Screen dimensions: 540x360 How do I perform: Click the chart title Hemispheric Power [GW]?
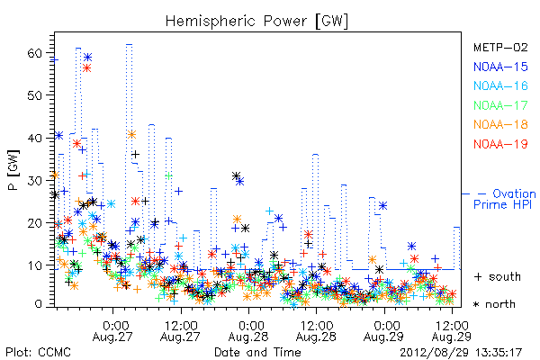[x=256, y=22]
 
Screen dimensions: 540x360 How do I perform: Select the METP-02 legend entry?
[x=500, y=47]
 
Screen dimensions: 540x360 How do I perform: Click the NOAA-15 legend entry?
[x=500, y=67]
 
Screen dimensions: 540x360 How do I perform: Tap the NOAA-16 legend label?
[x=500, y=85]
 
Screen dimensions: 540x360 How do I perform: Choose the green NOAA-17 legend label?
[x=500, y=105]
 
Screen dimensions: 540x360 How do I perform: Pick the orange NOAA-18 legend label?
[x=500, y=124]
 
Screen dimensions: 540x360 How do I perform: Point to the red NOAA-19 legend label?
[x=500, y=144]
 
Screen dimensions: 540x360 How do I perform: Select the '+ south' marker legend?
[x=498, y=276]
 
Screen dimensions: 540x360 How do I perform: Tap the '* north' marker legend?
[x=494, y=304]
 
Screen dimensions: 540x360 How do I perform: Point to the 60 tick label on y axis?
[x=35, y=53]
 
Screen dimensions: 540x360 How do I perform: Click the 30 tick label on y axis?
[x=35, y=181]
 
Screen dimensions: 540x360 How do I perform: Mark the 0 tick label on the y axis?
[x=39, y=304]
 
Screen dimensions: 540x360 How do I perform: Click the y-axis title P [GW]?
[x=14, y=170]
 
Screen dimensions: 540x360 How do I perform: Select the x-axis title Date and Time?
[x=257, y=353]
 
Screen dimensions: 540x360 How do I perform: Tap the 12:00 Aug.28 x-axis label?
[x=316, y=331]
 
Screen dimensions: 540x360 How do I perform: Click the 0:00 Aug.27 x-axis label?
[x=112, y=331]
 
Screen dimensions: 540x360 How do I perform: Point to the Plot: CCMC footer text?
[x=38, y=353]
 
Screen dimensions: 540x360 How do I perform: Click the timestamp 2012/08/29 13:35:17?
[x=461, y=353]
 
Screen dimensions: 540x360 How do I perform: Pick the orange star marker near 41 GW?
[x=131, y=134]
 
